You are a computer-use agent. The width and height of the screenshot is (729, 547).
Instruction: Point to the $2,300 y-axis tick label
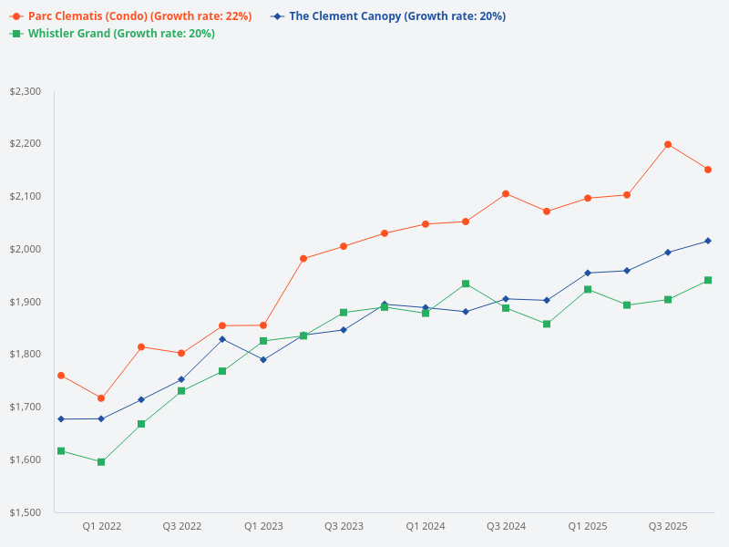25,91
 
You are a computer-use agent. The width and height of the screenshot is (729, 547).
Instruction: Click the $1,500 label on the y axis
25,512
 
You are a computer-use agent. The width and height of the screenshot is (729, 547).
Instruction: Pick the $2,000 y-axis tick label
25,249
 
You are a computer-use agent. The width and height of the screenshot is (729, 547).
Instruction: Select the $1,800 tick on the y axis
25,355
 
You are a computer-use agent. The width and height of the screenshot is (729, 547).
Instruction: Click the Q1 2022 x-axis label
101,526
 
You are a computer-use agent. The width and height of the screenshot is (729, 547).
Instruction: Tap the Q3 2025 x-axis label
667,526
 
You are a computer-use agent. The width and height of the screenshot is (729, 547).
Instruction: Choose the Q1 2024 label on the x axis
425,526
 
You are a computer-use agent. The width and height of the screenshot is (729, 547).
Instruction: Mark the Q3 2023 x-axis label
344,526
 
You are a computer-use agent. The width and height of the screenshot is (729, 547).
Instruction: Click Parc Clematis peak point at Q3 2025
668,144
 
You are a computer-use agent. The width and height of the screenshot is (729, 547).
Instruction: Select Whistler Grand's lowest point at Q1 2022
101,462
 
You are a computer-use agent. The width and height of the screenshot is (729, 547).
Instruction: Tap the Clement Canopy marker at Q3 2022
181,379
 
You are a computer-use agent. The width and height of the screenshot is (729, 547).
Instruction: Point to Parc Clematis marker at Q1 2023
263,325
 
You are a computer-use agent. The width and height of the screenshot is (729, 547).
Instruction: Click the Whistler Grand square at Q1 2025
588,290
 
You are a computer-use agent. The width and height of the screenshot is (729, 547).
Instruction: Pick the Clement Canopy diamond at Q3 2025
668,253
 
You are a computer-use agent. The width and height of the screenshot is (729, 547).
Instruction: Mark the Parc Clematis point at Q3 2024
506,194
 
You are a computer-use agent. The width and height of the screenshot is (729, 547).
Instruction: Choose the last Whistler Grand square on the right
708,280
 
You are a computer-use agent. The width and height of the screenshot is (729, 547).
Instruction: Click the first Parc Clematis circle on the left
61,376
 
